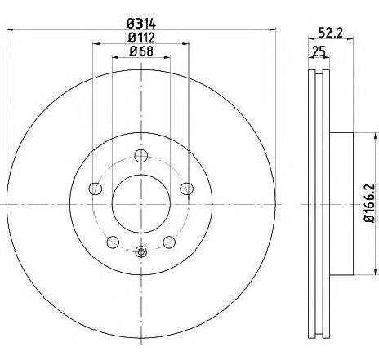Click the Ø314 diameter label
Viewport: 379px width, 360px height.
(x=141, y=24)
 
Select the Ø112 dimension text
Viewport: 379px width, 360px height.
(x=141, y=38)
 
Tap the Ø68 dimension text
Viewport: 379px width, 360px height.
(x=141, y=51)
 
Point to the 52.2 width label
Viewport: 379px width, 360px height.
(x=331, y=33)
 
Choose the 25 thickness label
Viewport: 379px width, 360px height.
(x=319, y=51)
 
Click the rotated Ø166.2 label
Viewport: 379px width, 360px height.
(x=369, y=203)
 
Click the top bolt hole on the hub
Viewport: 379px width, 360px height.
(x=141, y=156)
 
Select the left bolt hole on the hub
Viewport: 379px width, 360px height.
(x=96, y=189)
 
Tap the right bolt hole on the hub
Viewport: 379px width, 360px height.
(x=187, y=189)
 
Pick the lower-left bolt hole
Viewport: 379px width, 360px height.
(x=113, y=242)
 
